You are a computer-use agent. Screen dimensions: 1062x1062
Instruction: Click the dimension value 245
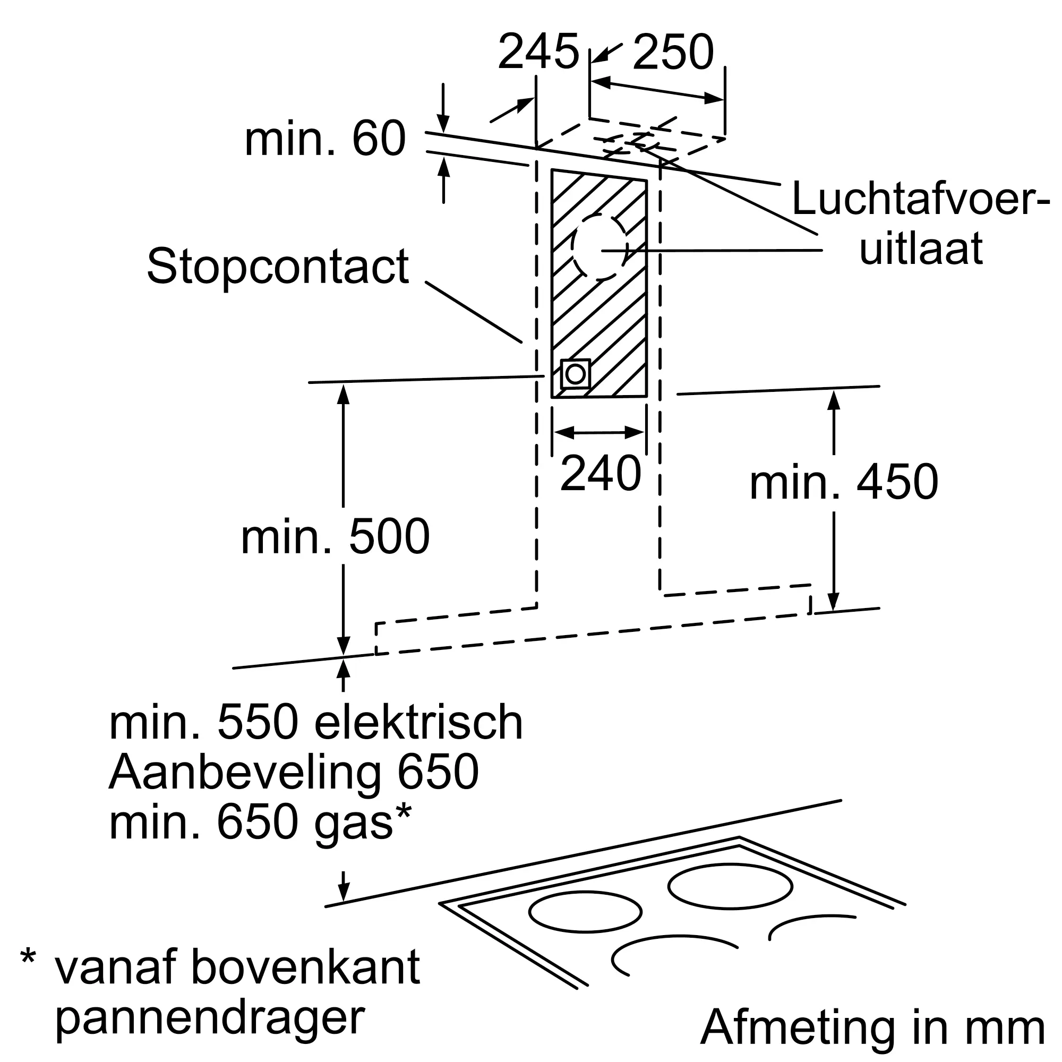[x=538, y=52]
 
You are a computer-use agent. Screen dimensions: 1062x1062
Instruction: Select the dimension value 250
[x=673, y=52]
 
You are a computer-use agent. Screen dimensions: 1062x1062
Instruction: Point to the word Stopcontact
[x=278, y=267]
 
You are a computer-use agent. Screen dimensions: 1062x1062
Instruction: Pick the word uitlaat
[x=921, y=249]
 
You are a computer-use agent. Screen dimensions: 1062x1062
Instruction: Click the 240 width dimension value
[x=600, y=473]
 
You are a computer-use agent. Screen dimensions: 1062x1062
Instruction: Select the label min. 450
[x=844, y=482]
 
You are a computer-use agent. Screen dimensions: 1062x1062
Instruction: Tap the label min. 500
[x=335, y=536]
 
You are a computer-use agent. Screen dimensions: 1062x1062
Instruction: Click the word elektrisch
[x=418, y=723]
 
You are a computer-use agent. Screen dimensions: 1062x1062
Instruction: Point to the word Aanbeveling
[x=245, y=772]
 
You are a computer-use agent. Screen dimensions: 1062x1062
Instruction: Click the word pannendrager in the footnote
[x=210, y=1018]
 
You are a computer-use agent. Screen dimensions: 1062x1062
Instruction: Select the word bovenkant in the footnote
[x=306, y=967]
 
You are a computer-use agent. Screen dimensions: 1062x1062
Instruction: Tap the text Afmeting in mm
[x=872, y=1027]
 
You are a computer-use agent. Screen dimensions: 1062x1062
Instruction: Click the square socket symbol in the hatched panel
[x=575, y=374]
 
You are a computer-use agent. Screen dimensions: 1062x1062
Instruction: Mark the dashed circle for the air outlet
[x=599, y=246]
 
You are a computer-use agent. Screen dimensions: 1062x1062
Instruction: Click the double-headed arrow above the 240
[x=599, y=433]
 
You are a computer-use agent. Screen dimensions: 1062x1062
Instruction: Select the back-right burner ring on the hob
[x=730, y=886]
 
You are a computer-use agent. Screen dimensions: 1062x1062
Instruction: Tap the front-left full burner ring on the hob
[x=585, y=912]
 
